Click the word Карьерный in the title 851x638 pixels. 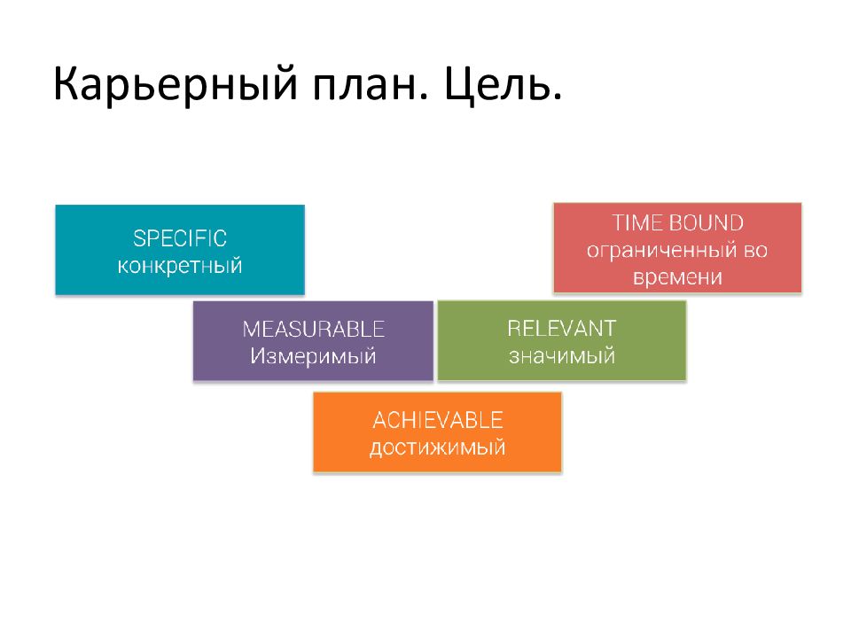[x=176, y=84]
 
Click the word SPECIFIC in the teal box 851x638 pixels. [x=180, y=238]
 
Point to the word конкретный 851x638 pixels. [x=180, y=266]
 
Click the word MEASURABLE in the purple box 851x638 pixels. [x=313, y=329]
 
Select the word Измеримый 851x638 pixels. [x=313, y=356]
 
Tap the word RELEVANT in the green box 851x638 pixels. [x=562, y=328]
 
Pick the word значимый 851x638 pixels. [x=562, y=356]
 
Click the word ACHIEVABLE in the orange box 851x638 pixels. [x=437, y=420]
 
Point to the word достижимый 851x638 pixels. [x=437, y=448]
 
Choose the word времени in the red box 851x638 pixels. [x=677, y=277]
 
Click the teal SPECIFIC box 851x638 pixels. [x=180, y=250]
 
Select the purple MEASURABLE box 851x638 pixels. [x=313, y=340]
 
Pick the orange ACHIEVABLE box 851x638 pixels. [x=437, y=432]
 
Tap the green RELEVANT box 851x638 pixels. [x=562, y=340]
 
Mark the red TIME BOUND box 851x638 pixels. [x=677, y=248]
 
